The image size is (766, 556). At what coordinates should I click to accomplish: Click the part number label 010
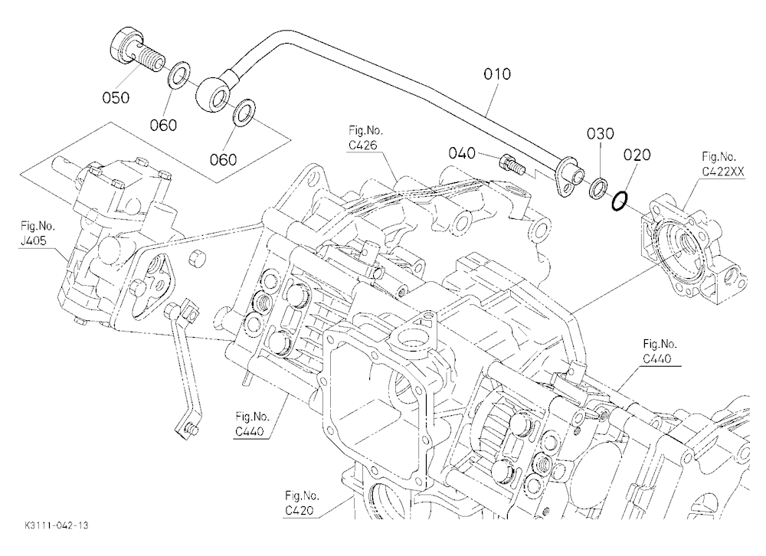point(497,74)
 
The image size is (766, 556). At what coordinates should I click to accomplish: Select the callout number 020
point(637,155)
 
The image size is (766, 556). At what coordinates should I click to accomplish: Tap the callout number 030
point(600,133)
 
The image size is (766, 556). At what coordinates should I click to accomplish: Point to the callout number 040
point(462,153)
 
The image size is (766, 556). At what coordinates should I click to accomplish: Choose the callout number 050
point(116,98)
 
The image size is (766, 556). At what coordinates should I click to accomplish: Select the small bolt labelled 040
point(512,165)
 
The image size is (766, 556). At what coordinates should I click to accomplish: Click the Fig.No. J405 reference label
point(38,234)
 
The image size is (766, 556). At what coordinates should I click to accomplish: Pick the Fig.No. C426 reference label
point(365,138)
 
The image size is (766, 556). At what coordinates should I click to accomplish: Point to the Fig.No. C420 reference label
point(303,503)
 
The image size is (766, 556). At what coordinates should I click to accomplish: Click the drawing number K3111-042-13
point(56,525)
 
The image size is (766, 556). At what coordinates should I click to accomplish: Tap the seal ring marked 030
point(598,188)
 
